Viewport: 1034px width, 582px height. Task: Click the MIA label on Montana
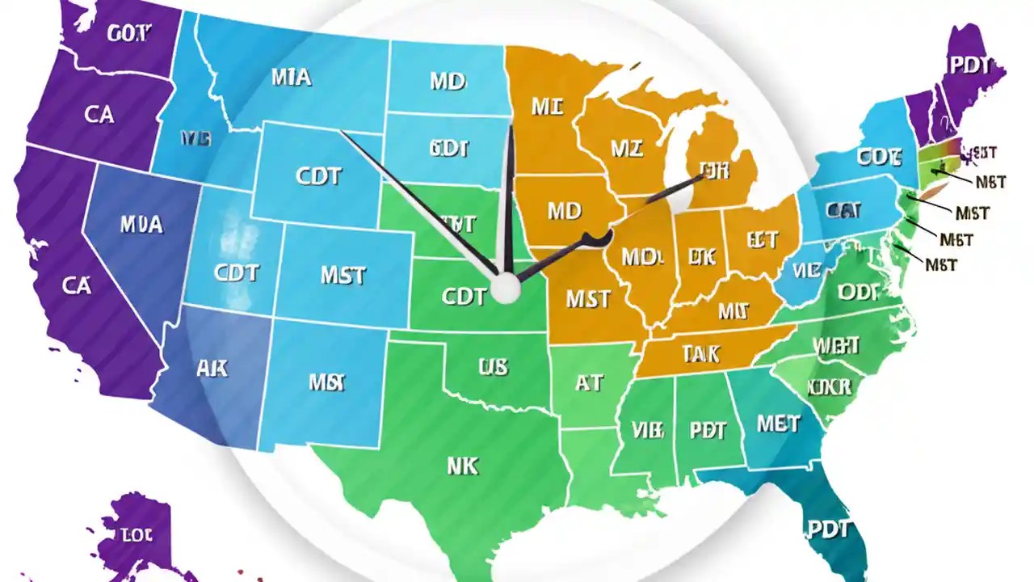pyautogui.click(x=291, y=77)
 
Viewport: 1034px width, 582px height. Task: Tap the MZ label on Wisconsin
pyautogui.click(x=628, y=148)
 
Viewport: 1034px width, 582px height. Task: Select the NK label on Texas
pyautogui.click(x=462, y=466)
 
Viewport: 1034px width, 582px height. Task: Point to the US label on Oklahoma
pyautogui.click(x=493, y=367)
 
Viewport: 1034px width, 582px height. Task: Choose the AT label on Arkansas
pyautogui.click(x=589, y=382)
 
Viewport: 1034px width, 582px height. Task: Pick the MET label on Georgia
pyautogui.click(x=778, y=423)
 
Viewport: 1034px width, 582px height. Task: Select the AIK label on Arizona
pyautogui.click(x=212, y=369)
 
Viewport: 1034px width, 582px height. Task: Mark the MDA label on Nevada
pyautogui.click(x=141, y=224)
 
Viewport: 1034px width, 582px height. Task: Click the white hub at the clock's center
pyautogui.click(x=506, y=288)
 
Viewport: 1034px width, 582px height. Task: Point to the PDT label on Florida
pyautogui.click(x=827, y=529)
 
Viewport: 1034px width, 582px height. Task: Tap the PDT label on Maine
pyautogui.click(x=970, y=65)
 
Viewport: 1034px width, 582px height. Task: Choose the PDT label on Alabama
pyautogui.click(x=708, y=430)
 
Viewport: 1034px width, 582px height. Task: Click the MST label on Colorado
pyautogui.click(x=342, y=275)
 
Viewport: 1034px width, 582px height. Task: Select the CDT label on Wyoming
pyautogui.click(x=318, y=175)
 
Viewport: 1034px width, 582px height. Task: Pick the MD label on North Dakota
pyautogui.click(x=447, y=82)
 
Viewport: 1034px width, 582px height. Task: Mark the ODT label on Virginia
pyautogui.click(x=858, y=293)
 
